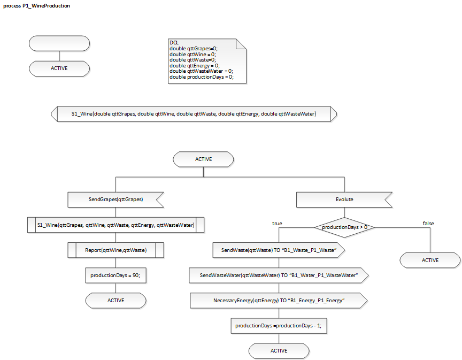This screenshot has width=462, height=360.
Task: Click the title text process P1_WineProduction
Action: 36,6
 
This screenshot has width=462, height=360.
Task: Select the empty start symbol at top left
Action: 59,43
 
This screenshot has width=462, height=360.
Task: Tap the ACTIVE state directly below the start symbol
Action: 59,68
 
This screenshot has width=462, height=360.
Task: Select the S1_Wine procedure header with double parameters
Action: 194,114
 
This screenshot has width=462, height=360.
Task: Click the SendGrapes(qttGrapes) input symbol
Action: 115,200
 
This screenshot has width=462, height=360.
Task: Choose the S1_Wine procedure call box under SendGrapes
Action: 115,225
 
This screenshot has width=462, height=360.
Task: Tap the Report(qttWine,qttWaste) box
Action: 115,250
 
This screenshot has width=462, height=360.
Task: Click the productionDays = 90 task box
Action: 115,275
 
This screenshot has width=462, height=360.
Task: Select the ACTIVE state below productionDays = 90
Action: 115,300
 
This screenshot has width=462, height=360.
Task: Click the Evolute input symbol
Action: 344,200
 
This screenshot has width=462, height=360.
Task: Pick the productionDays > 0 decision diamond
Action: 344,227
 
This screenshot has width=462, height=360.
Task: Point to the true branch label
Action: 277,224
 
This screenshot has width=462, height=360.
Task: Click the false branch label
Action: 428,223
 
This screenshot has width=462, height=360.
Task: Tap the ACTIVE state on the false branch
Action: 430,260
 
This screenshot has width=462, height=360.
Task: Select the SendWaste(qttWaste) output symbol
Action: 278,250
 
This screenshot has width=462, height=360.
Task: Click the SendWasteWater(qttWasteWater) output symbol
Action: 278,275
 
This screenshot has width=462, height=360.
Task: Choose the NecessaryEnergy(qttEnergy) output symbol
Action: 278,301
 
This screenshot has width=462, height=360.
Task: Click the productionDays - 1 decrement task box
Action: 278,326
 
